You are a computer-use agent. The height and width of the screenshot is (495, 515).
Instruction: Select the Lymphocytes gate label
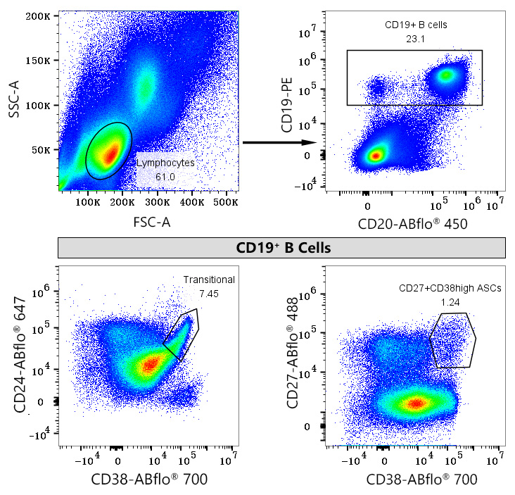pyautogui.click(x=165, y=163)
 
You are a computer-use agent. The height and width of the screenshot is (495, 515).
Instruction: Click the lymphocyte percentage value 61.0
pyautogui.click(x=165, y=176)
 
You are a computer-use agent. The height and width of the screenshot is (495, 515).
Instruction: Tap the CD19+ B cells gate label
pyautogui.click(x=416, y=25)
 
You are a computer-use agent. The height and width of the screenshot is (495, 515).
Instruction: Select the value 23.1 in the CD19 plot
pyautogui.click(x=415, y=39)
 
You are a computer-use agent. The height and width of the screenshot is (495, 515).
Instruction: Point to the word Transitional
pyautogui.click(x=209, y=280)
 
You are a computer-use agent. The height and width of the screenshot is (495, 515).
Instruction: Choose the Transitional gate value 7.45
pyautogui.click(x=209, y=293)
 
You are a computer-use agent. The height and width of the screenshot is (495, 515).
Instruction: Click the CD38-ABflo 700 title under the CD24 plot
pyautogui.click(x=148, y=480)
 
